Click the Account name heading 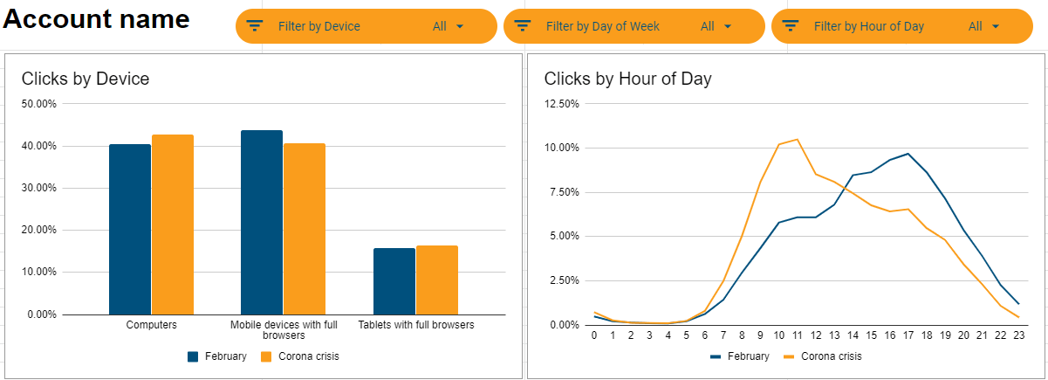pyautogui.click(x=96, y=18)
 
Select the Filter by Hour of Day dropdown pyautogui.click(x=901, y=26)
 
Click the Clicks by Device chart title pyautogui.click(x=86, y=79)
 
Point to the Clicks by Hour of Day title pyautogui.click(x=627, y=79)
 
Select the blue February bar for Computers pyautogui.click(x=130, y=229)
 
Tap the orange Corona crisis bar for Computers pyautogui.click(x=172, y=225)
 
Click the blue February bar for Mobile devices pyautogui.click(x=262, y=222)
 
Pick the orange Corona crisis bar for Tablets pyautogui.click(x=436, y=280)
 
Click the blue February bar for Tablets pyautogui.click(x=394, y=280)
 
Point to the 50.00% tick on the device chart pyautogui.click(x=38, y=104)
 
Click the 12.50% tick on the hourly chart pyautogui.click(x=561, y=104)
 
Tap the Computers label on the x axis pyautogui.click(x=151, y=325)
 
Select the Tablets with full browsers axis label pyautogui.click(x=416, y=325)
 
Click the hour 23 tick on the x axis pyautogui.click(x=1017, y=335)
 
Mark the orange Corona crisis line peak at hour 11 pyautogui.click(x=798, y=139)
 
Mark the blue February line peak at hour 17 pyautogui.click(x=908, y=154)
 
